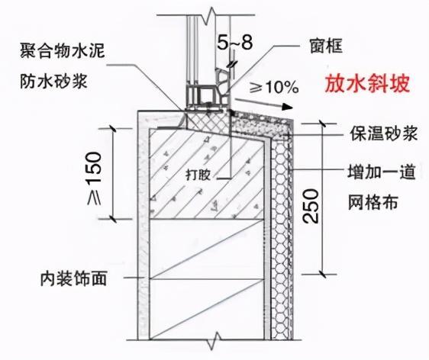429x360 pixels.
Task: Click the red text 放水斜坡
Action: pos(367,83)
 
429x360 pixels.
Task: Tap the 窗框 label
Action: pos(326,46)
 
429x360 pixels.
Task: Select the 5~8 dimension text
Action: pos(235,43)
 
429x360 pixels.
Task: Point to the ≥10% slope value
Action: pos(274,88)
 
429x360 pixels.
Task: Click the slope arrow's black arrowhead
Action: pos(287,107)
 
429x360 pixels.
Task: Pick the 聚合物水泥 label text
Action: pos(63,50)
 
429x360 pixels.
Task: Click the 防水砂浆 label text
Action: pos(53,81)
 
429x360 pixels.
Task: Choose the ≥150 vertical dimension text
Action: pos(95,178)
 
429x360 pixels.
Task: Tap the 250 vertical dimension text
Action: pos(311,206)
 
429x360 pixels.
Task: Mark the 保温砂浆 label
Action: pos(384,133)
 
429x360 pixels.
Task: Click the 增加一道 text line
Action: pos(382,172)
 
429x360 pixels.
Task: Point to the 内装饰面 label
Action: pos(73,278)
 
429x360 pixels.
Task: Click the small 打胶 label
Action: pos(198,175)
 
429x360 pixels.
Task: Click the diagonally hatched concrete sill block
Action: pos(207,175)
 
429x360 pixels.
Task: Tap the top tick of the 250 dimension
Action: pos(323,124)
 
